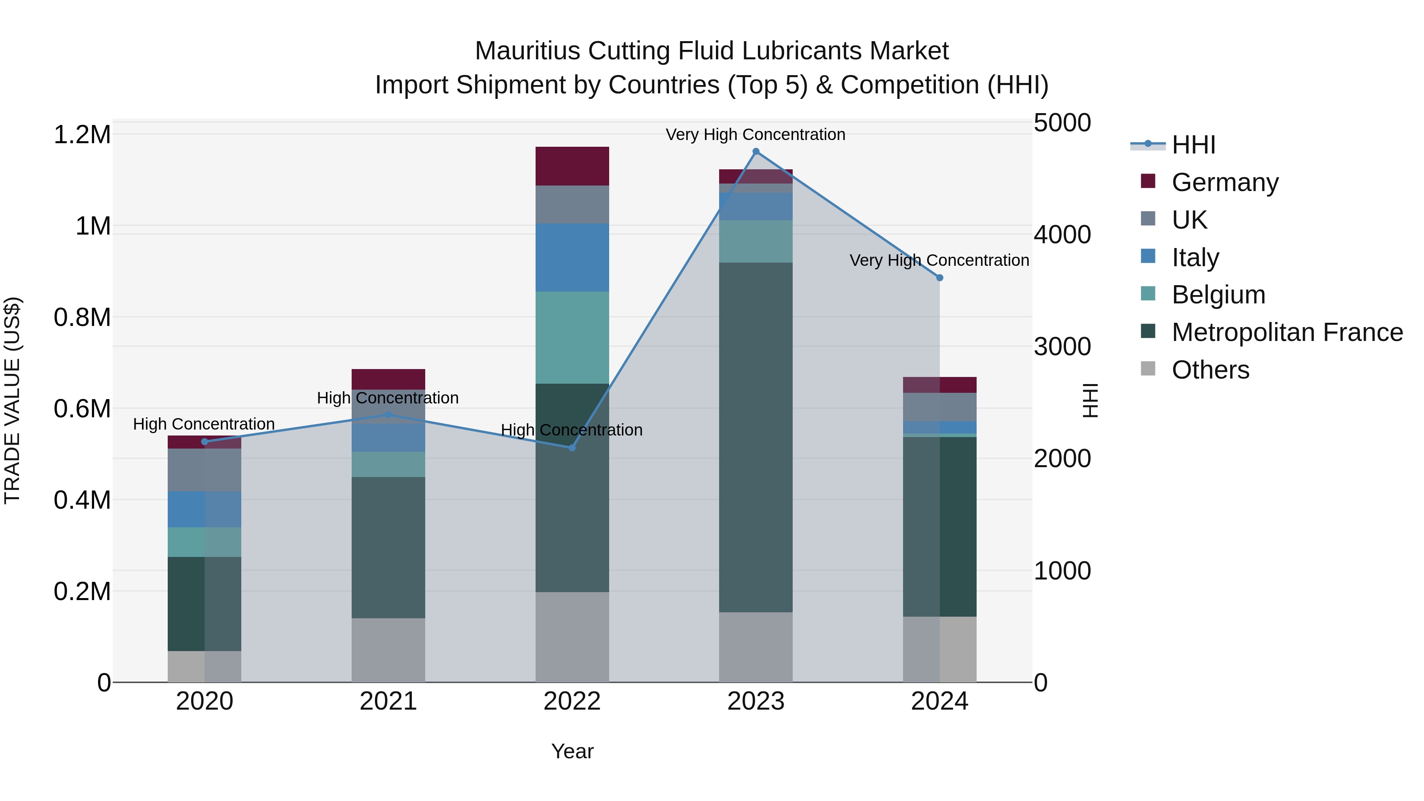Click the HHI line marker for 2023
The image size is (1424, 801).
tap(756, 151)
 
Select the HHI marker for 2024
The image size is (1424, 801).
tap(940, 278)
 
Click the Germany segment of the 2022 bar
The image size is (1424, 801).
tap(572, 166)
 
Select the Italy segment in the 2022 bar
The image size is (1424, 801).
tap(572, 258)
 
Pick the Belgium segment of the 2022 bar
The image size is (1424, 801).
tap(572, 337)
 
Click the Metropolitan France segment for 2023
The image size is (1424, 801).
tap(756, 437)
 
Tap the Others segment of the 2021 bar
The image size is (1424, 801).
tap(388, 650)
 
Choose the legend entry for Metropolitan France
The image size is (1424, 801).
tap(1287, 332)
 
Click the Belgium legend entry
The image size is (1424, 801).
tap(1218, 295)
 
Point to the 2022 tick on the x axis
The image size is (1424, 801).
tap(572, 701)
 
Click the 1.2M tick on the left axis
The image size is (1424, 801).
tap(82, 135)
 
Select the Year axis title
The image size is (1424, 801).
tap(572, 751)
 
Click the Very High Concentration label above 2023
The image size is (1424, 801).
tap(755, 134)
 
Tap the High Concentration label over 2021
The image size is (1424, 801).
tap(388, 398)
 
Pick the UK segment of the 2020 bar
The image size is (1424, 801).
tap(205, 470)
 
